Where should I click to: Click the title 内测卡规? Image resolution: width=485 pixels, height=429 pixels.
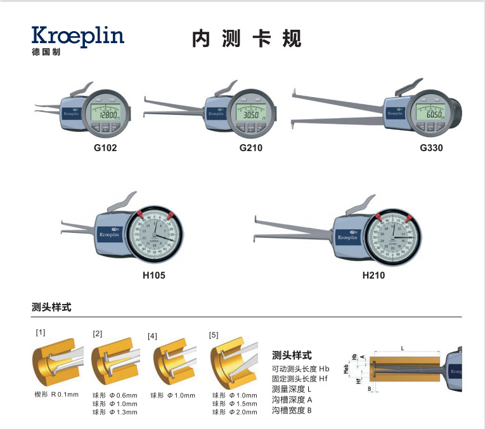(x=247, y=39)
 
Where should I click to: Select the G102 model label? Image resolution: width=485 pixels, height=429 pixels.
(x=105, y=148)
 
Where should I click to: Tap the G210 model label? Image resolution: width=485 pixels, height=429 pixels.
(x=250, y=148)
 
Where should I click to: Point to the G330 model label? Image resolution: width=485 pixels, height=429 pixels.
(x=431, y=148)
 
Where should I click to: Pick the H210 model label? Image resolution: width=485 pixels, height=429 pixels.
(x=373, y=275)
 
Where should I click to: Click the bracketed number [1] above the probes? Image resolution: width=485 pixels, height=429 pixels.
(x=40, y=332)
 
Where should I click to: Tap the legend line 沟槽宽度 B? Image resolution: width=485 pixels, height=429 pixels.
(x=292, y=411)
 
